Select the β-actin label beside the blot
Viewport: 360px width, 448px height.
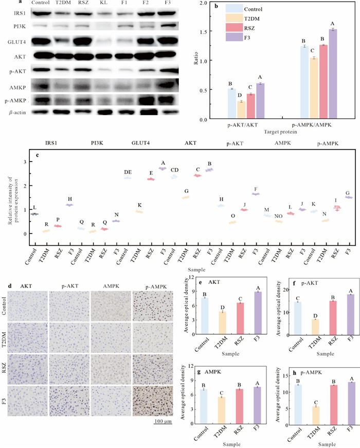coord(13,111)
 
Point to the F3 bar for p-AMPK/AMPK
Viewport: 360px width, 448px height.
coord(333,74)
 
